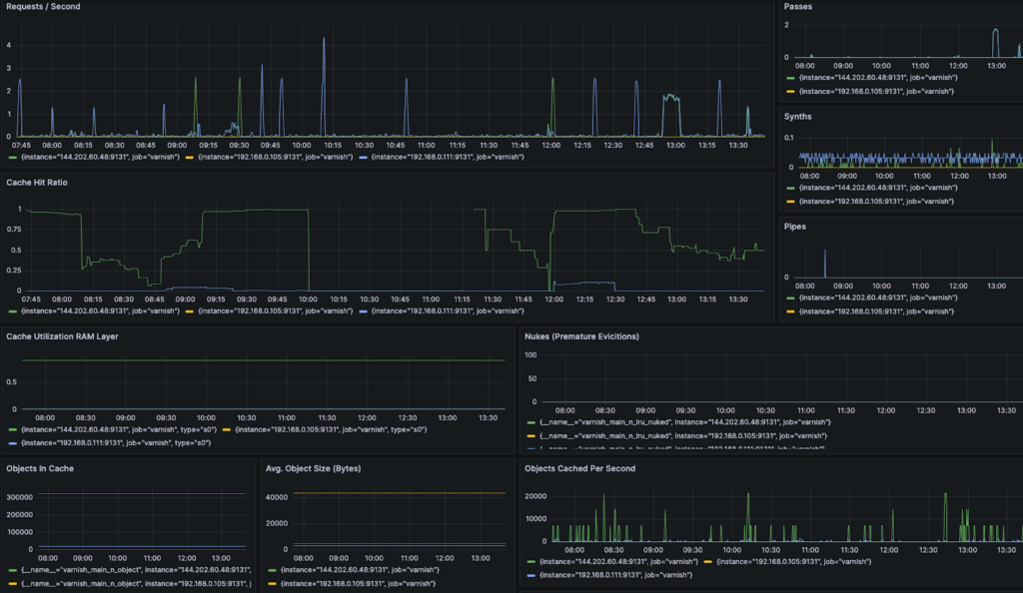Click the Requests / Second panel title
point(44,6)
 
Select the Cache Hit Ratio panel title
point(39,182)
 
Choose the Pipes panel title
point(795,227)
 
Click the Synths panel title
point(798,117)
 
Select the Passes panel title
point(798,6)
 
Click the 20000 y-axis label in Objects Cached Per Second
point(536,495)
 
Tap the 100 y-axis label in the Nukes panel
point(531,354)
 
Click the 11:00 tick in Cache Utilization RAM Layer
point(286,417)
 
